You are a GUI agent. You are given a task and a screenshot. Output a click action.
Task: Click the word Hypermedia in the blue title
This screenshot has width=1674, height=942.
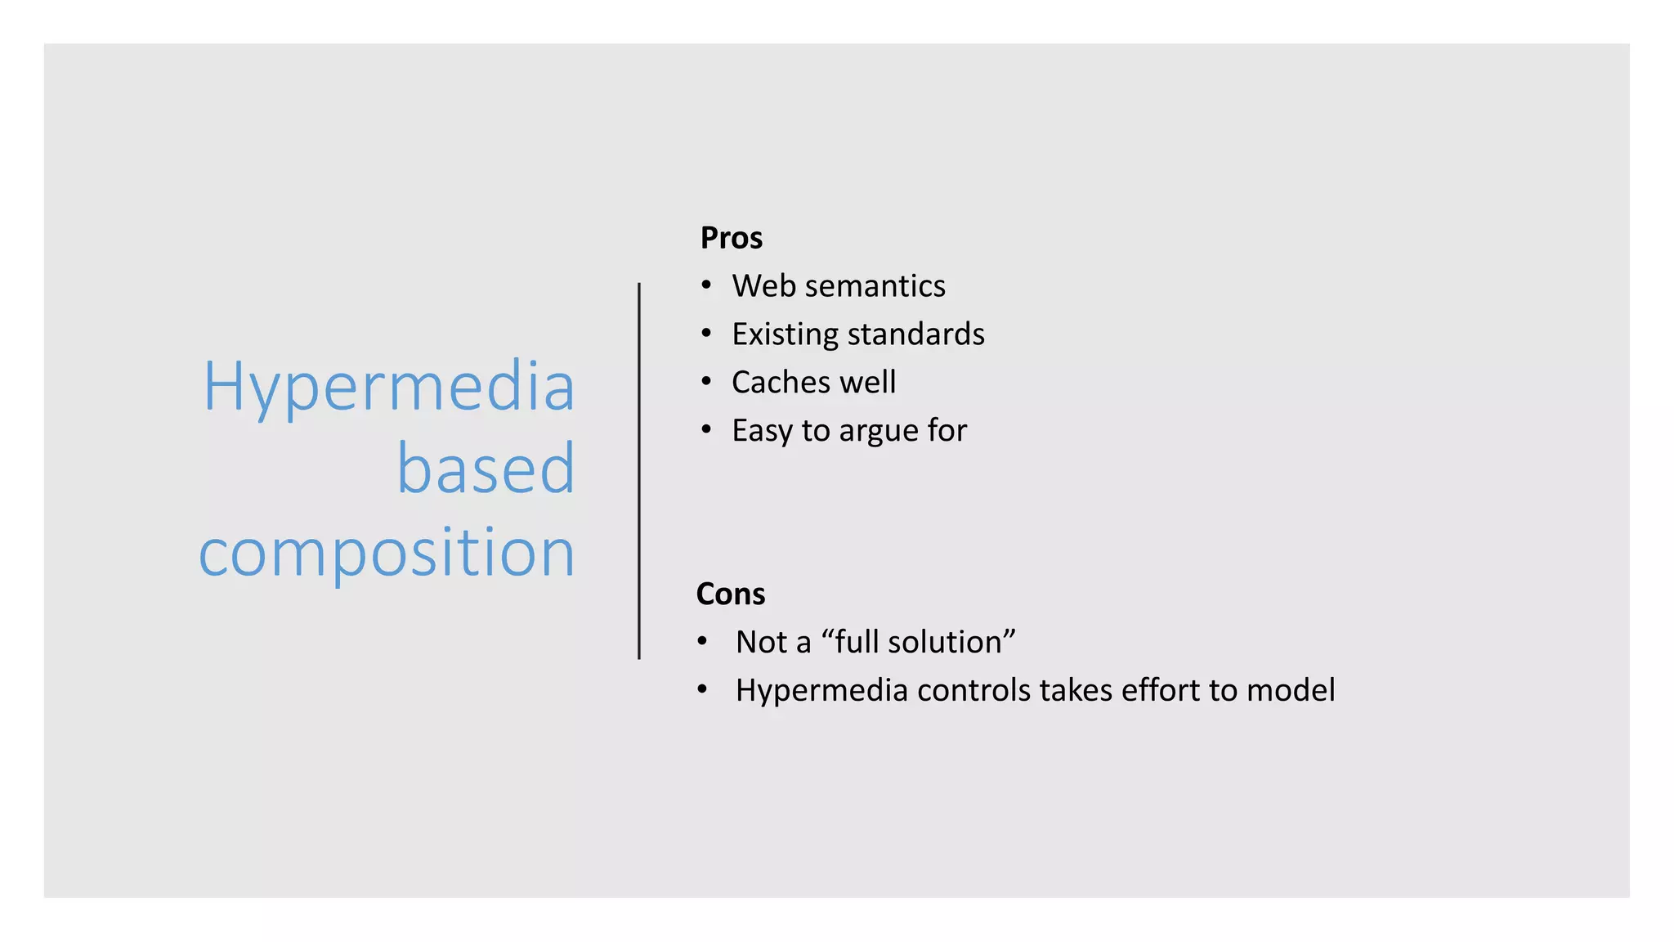(389, 387)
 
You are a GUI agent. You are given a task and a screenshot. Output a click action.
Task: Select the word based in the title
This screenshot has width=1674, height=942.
(486, 469)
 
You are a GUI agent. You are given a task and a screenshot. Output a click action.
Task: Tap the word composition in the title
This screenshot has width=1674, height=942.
(387, 553)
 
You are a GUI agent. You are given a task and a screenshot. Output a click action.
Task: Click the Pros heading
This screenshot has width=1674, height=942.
(731, 238)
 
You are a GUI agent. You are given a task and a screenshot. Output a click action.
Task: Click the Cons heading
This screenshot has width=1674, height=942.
(730, 594)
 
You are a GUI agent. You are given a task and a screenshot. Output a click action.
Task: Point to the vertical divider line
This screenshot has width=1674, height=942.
(639, 470)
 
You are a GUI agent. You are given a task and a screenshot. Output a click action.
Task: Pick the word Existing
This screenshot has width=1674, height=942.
(785, 334)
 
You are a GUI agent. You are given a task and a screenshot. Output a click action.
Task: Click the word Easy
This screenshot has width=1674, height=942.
(762, 431)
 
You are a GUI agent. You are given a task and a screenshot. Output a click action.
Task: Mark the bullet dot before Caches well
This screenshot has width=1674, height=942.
(705, 382)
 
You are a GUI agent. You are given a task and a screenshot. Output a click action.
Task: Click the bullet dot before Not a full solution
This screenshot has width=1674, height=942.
(702, 641)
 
